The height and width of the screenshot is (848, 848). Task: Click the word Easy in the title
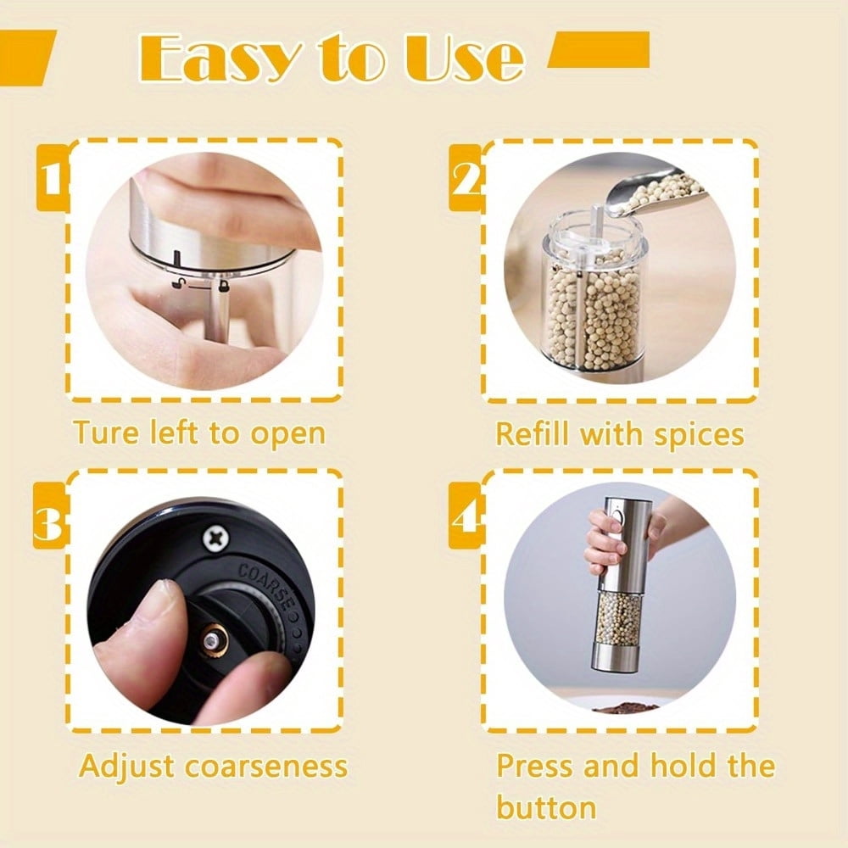pos(220,58)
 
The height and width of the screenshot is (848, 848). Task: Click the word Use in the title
pos(464,58)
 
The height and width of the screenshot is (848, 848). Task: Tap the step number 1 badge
pos(53,177)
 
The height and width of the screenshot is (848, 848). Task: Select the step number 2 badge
pos(465,177)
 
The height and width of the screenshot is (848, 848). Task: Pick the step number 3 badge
pos(49,516)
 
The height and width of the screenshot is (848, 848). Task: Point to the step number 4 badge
pos(465,516)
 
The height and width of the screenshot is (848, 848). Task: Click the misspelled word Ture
pos(106,432)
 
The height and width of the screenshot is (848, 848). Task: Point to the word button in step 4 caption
pos(546,808)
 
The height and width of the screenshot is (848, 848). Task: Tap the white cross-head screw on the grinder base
pos(216,538)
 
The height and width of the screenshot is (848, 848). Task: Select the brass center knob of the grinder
pos(215,642)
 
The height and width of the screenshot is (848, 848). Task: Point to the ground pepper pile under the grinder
pos(626,706)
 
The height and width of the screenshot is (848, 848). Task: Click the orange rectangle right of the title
pos(599,50)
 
